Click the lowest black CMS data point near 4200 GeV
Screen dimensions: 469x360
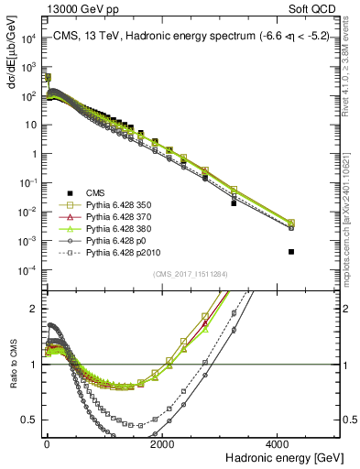click(x=291, y=251)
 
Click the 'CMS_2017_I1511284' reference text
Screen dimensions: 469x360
click(x=191, y=274)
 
